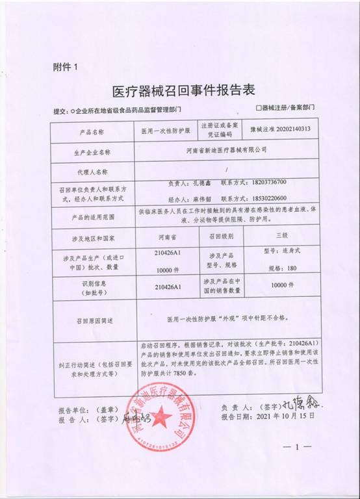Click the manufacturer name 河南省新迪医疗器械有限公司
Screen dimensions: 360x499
pyautogui.click(x=225, y=150)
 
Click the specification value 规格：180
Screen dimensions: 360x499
pyautogui.click(x=281, y=268)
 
